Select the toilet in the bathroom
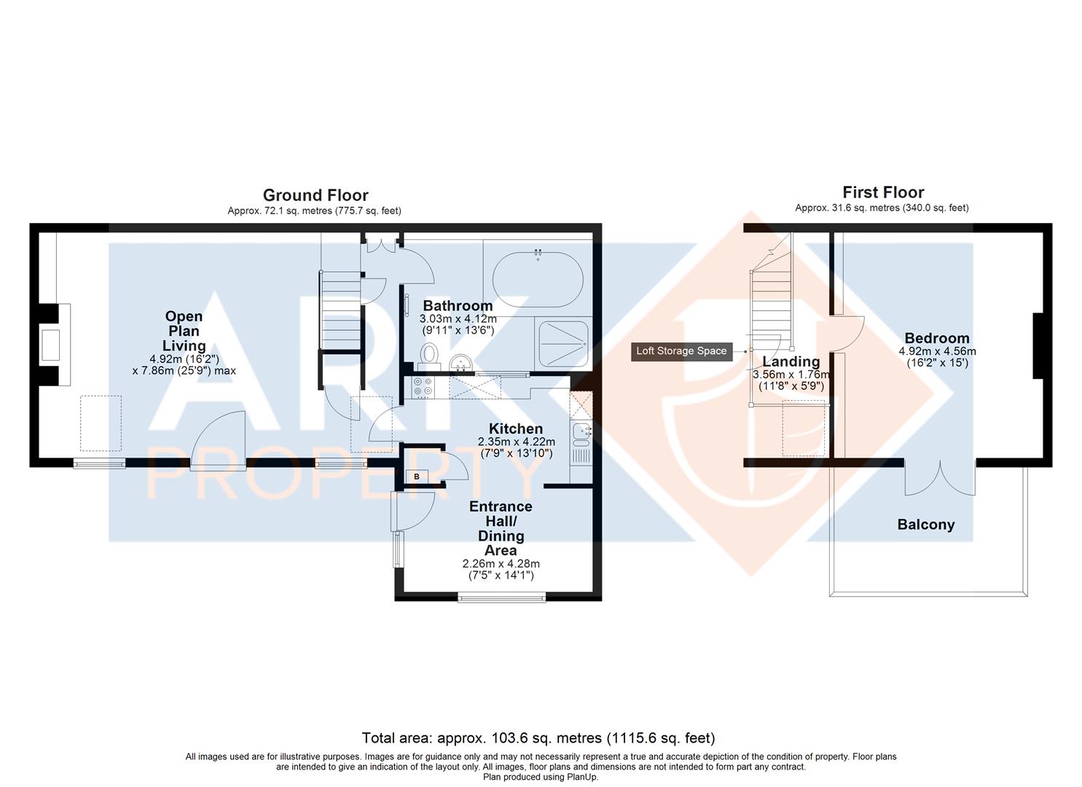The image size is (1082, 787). [430, 356]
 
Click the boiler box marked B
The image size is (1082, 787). [417, 476]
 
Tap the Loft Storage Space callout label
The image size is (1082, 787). [681, 351]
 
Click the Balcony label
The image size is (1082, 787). [925, 525]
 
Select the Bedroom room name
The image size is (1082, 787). [936, 338]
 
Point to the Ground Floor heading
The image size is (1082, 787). [315, 195]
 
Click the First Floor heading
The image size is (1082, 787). [882, 192]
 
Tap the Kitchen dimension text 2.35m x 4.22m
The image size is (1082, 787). [516, 442]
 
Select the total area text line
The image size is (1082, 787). [539, 738]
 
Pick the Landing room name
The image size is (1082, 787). [791, 361]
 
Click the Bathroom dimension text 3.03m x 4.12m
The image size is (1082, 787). [458, 319]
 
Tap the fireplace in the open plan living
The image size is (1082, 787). [51, 345]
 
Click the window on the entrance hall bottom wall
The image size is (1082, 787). [501, 598]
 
